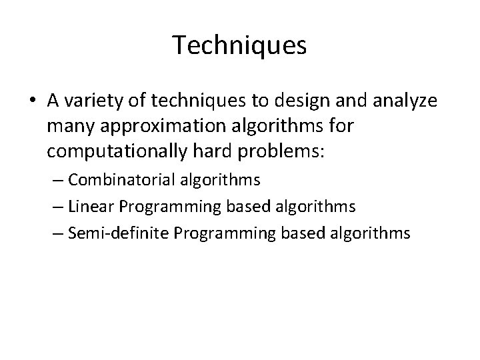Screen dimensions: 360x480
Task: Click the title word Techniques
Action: [x=240, y=46]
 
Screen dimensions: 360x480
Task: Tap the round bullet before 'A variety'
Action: [x=33, y=101]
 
